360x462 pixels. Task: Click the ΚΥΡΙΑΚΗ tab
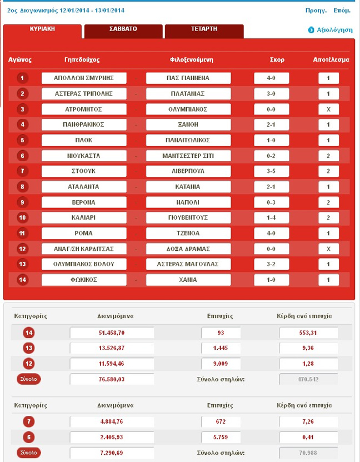coord(42,28)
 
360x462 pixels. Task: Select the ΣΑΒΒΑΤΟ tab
coord(123,29)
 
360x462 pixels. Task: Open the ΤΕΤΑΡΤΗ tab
coord(204,29)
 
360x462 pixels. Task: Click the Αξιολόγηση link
coord(334,30)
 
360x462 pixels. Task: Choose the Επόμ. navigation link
coord(342,11)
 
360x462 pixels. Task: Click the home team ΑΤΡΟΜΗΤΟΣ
coord(84,109)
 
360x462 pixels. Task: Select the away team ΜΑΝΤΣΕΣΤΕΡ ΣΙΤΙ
coord(188,156)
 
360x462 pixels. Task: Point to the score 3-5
coord(271,171)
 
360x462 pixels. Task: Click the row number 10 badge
coord(22,217)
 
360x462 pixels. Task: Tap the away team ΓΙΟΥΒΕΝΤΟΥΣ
coord(188,217)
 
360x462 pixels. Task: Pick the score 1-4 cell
coord(271,217)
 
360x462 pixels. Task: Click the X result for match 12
coord(328,249)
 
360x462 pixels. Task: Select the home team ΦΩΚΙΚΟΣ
coord(84,280)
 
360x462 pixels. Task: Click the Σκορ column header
coord(277,59)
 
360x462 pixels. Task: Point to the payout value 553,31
coord(308,333)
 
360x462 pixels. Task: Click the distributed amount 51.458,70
coord(112,333)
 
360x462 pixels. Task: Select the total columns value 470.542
coord(308,380)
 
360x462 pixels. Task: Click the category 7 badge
coord(29,422)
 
